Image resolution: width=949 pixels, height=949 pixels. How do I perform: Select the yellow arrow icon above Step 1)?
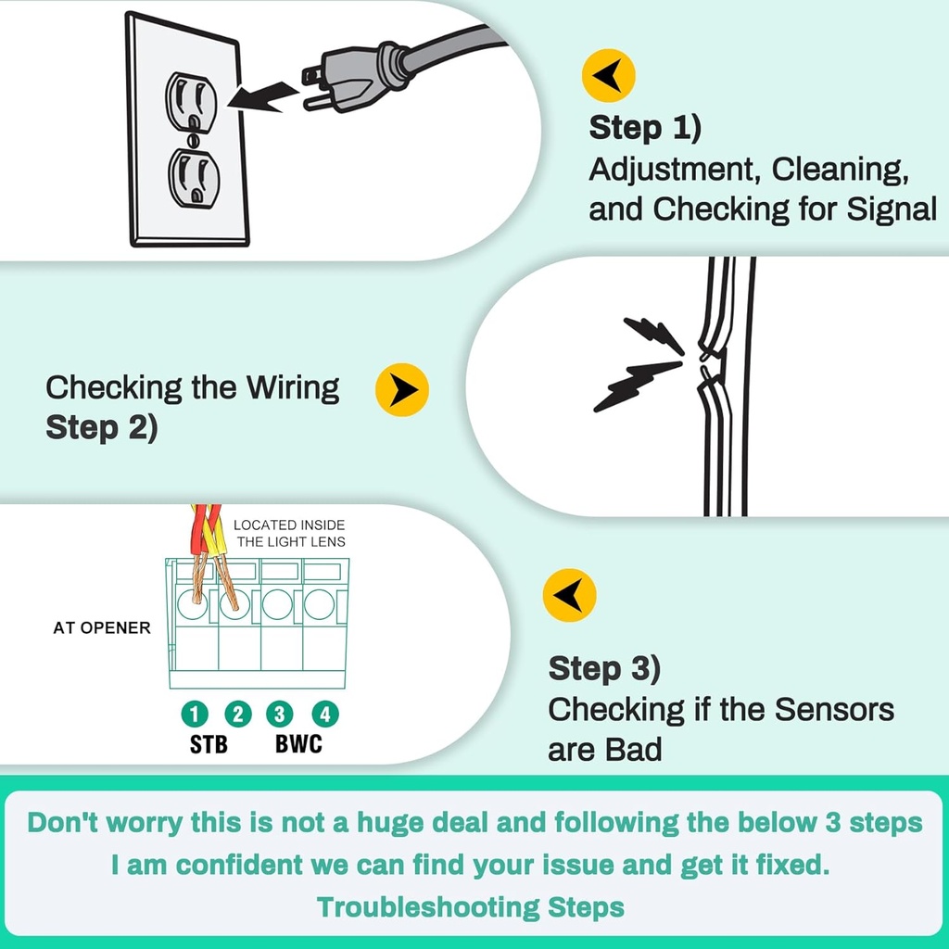click(x=608, y=75)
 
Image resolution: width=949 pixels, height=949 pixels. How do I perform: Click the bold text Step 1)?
click(x=645, y=128)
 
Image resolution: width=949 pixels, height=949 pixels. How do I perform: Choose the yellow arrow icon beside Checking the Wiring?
click(x=401, y=390)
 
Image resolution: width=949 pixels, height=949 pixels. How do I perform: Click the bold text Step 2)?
click(x=102, y=428)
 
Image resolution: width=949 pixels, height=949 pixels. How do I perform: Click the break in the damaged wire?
click(x=709, y=361)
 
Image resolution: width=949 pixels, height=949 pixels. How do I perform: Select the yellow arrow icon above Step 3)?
click(x=569, y=595)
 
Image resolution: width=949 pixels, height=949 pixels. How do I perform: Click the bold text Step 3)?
click(x=604, y=668)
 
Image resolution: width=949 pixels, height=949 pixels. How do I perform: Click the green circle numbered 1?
click(x=194, y=714)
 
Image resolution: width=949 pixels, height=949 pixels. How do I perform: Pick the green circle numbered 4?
click(x=324, y=714)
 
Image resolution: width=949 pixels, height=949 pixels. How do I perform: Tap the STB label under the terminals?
click(x=209, y=744)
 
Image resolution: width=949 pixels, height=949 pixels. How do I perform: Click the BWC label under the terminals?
click(x=298, y=744)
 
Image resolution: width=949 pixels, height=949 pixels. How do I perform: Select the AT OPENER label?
click(x=102, y=628)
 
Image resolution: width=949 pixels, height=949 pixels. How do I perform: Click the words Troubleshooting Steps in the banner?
click(x=471, y=907)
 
